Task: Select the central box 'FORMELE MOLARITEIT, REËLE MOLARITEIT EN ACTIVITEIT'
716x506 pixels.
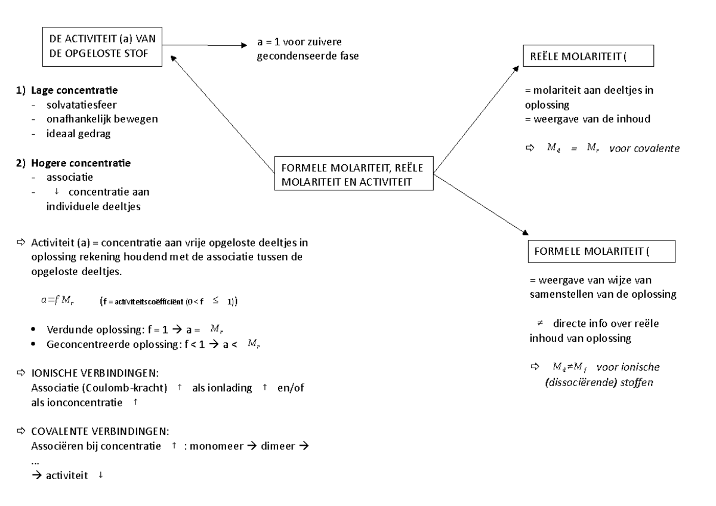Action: pos(354,174)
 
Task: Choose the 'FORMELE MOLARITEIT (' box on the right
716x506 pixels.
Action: pos(601,252)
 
